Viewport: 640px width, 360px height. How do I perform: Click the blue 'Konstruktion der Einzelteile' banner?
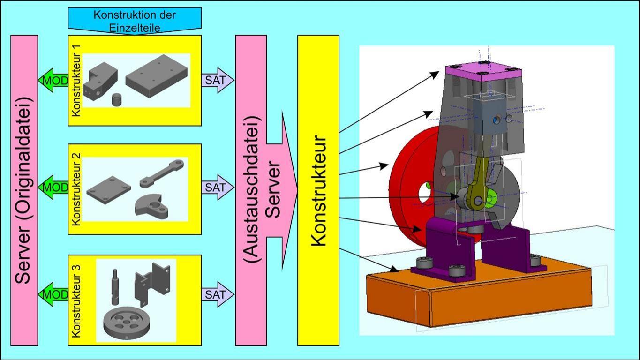(x=135, y=21)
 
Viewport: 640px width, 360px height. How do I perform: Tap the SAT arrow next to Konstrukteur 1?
(x=218, y=80)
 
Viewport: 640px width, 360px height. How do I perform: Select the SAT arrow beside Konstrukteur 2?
(x=218, y=187)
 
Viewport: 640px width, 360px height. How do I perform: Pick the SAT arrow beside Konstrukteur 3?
(x=218, y=294)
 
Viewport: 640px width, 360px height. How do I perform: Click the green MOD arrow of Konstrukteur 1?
(x=53, y=80)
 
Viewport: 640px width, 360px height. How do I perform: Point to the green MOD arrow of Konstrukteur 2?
(x=53, y=187)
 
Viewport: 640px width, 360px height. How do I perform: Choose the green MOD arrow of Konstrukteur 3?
(x=53, y=294)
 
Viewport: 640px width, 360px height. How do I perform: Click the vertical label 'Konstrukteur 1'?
(x=76, y=80)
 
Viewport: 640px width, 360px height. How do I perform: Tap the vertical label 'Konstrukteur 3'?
(x=76, y=301)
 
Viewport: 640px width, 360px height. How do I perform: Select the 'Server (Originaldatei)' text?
(x=24, y=190)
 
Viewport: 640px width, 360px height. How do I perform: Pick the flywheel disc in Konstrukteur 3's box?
(x=127, y=322)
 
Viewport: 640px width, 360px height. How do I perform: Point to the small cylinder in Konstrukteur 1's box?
(x=117, y=100)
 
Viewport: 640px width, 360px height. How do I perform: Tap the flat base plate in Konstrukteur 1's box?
(x=157, y=76)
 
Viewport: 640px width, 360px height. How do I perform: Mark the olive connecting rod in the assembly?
(x=476, y=183)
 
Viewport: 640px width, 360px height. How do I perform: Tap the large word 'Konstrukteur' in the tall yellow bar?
(x=319, y=190)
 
